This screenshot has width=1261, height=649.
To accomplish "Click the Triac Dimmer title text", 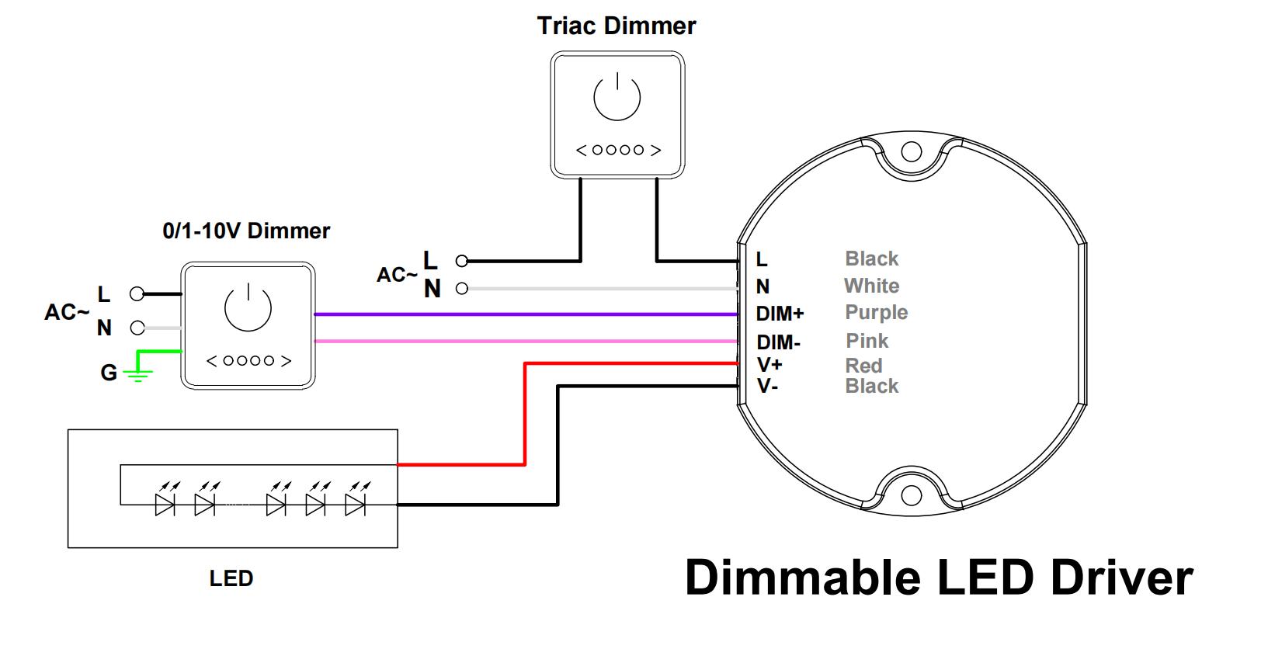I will point(617,26).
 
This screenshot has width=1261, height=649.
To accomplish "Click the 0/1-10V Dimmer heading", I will point(246,231).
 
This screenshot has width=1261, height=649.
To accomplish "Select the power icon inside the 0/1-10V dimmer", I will point(248,307).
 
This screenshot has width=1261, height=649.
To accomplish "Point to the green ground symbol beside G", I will point(138,375).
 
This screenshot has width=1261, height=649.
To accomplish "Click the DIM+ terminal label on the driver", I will point(780,314).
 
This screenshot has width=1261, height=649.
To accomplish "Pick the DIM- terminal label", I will point(778,342).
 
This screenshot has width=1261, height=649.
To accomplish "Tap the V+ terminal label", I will point(769,364).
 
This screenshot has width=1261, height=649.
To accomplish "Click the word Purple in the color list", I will point(876,312).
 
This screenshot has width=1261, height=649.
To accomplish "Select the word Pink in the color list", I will point(867,341).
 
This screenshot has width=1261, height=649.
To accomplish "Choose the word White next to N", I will point(871,286).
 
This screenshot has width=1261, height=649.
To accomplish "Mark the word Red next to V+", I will point(863,366).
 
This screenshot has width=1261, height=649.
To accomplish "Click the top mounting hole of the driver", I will point(911,151).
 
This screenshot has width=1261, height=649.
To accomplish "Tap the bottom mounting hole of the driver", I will point(911,495).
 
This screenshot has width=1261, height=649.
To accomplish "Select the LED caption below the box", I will point(231,578).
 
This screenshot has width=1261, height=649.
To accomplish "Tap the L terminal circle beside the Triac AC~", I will point(462,261).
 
